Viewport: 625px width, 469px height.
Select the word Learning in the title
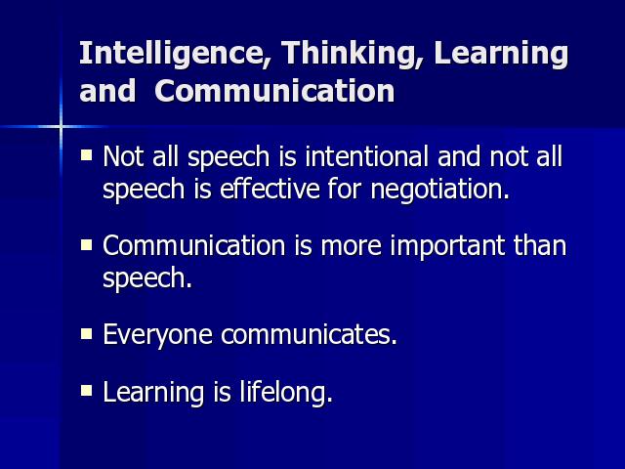(x=501, y=54)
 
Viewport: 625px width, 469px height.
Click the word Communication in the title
(x=274, y=91)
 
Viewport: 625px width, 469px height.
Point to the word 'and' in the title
(x=107, y=91)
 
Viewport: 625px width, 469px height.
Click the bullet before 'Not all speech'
(x=87, y=154)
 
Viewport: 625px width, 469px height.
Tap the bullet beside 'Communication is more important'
(x=87, y=244)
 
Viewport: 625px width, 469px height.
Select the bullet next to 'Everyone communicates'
(x=87, y=333)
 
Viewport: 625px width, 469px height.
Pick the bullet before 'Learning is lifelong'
(x=87, y=391)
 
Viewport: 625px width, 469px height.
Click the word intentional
(x=367, y=156)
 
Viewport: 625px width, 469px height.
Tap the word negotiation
(x=440, y=189)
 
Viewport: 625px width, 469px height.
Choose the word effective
(x=270, y=188)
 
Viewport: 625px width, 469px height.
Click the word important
(x=447, y=245)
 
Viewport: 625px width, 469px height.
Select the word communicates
(x=309, y=334)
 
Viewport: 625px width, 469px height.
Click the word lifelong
(x=286, y=392)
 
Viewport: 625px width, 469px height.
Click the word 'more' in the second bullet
(x=352, y=247)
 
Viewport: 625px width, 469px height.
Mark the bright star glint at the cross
(x=61, y=127)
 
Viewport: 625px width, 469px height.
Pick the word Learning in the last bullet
(x=153, y=393)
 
